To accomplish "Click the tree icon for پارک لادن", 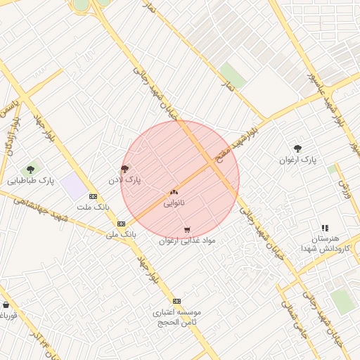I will (x=125, y=169).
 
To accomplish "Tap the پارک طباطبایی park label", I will (x=31, y=181).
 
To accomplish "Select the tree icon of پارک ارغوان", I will (x=298, y=148).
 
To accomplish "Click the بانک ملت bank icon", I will (x=93, y=196).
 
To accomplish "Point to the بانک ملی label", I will (x=120, y=234).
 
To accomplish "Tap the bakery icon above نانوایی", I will (x=174, y=192).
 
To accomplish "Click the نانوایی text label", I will (x=174, y=203).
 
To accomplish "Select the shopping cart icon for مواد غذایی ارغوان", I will (x=187, y=230).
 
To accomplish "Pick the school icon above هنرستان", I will (x=324, y=228).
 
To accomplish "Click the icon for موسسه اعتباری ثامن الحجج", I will (x=176, y=300).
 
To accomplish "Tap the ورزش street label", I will (x=345, y=188).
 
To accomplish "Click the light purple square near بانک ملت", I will (x=72, y=187).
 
